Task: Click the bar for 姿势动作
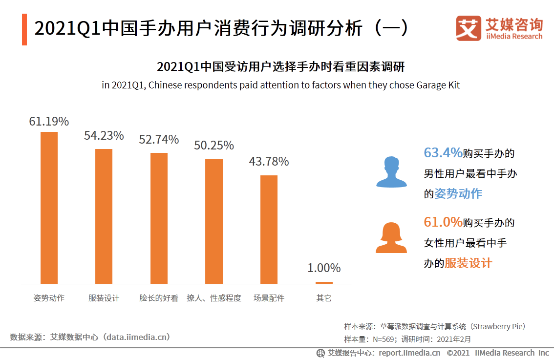click(x=49, y=208)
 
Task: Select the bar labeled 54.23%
click(x=104, y=216)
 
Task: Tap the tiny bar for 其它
click(x=324, y=282)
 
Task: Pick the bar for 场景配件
click(x=269, y=229)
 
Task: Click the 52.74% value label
click(x=159, y=140)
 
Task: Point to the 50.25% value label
click(x=213, y=146)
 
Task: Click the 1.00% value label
click(x=324, y=268)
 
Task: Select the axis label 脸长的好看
click(x=159, y=298)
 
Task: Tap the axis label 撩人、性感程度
click(x=213, y=298)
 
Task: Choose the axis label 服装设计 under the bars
click(x=104, y=298)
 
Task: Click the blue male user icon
click(x=391, y=172)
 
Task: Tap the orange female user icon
click(x=391, y=237)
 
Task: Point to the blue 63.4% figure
click(x=443, y=153)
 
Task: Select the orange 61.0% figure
click(x=443, y=222)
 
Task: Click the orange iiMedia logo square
click(x=469, y=28)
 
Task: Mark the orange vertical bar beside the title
click(x=24, y=30)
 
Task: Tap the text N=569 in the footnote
click(x=384, y=339)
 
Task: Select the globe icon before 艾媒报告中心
click(x=320, y=353)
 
